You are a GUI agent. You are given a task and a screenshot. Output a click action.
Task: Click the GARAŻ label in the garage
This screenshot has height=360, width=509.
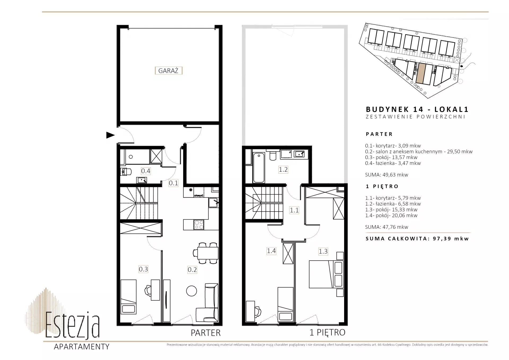pyautogui.click(x=168, y=71)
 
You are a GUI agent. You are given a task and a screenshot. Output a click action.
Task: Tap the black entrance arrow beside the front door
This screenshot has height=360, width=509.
pyautogui.click(x=110, y=135)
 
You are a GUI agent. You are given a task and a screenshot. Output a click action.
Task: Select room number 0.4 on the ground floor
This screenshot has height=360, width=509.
pyautogui.click(x=146, y=171)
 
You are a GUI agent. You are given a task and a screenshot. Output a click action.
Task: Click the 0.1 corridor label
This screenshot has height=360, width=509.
pyautogui.click(x=173, y=183)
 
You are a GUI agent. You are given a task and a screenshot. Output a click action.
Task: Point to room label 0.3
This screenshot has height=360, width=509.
pyautogui.click(x=143, y=269)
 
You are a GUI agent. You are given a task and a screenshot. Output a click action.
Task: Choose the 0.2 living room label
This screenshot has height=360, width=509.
pyautogui.click(x=192, y=270)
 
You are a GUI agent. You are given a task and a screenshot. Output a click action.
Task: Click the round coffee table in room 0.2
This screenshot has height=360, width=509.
pyautogui.click(x=191, y=291)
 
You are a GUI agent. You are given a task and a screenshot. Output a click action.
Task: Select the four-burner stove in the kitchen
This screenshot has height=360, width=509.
pyautogui.click(x=199, y=225)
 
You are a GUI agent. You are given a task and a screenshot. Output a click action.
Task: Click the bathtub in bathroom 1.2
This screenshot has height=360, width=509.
pyautogui.click(x=259, y=168)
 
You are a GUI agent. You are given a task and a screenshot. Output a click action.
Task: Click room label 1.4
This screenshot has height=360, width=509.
pyautogui.click(x=271, y=251)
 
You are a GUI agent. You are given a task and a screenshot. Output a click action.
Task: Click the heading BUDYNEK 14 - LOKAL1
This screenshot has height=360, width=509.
pyautogui.click(x=417, y=109)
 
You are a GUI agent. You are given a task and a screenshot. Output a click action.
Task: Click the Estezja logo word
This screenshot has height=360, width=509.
pyautogui.click(x=72, y=325)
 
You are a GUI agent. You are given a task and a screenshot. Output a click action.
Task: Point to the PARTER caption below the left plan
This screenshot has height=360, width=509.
pyautogui.click(x=206, y=333)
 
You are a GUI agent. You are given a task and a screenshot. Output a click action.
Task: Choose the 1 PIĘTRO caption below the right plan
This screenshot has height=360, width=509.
pyautogui.click(x=327, y=332)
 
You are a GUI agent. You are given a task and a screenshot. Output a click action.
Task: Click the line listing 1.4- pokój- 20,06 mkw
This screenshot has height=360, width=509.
pyautogui.click(x=391, y=216)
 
